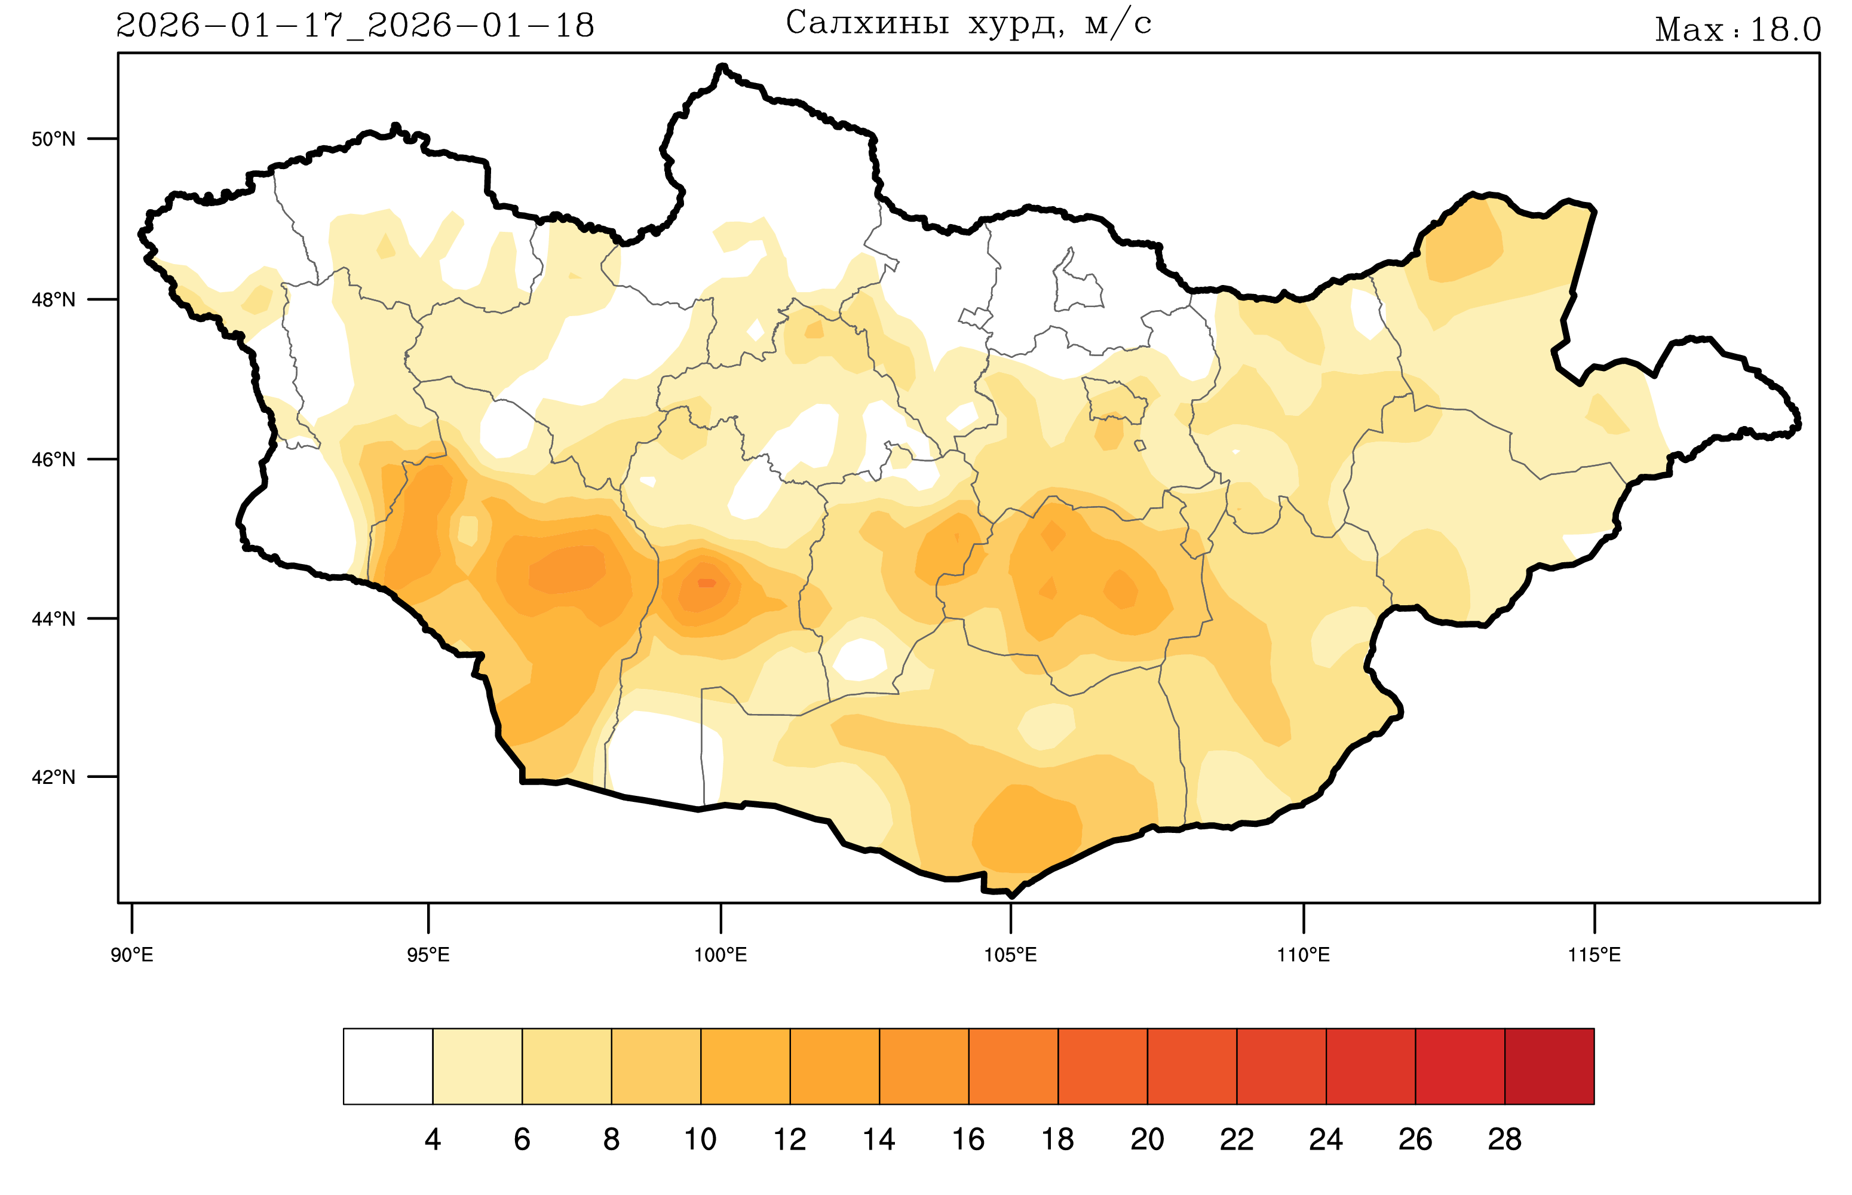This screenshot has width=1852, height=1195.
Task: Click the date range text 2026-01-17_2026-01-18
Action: (x=355, y=26)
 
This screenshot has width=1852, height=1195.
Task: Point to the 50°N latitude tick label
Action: (x=54, y=139)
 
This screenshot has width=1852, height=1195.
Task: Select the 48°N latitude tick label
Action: (x=54, y=299)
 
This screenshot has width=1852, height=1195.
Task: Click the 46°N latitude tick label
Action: (x=54, y=459)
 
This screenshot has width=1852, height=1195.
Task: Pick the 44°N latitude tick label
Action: (x=54, y=619)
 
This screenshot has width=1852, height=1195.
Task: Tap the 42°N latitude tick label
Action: (x=54, y=777)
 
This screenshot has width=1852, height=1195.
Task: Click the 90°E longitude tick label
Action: (x=132, y=954)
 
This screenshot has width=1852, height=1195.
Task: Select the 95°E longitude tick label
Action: (x=428, y=954)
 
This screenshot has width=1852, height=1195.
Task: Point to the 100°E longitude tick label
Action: (x=720, y=954)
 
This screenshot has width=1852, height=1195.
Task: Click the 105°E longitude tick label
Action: (x=1010, y=954)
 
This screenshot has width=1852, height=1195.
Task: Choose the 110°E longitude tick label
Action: (x=1304, y=954)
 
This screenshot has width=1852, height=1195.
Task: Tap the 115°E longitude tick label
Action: (x=1595, y=954)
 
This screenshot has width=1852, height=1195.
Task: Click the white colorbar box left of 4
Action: (x=388, y=1066)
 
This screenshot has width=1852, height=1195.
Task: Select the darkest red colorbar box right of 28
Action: (x=1550, y=1066)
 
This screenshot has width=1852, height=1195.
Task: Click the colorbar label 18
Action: (x=1057, y=1139)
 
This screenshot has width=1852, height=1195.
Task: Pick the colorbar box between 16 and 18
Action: (x=1013, y=1066)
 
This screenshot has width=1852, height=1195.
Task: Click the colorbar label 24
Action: (x=1326, y=1139)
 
